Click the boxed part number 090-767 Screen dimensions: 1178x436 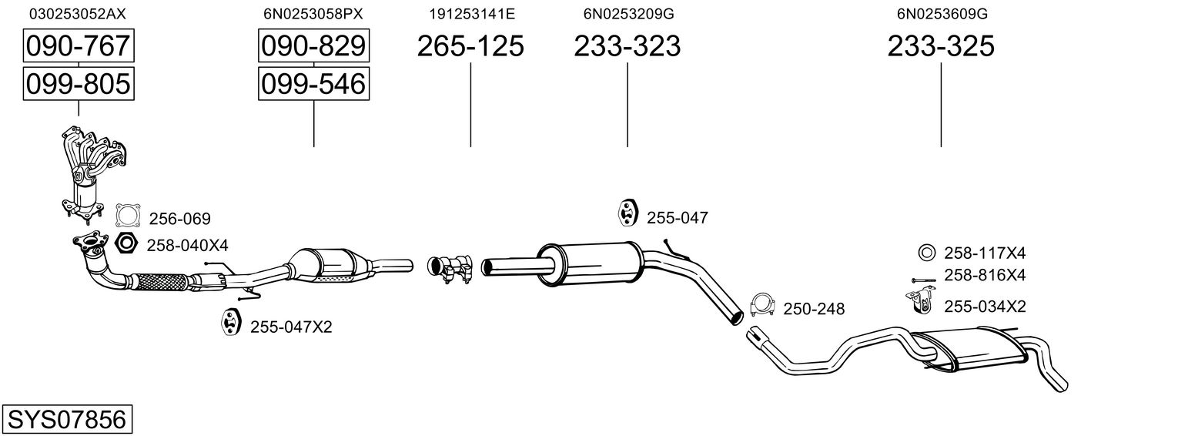click(78, 46)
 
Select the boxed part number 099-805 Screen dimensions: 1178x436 click(78, 83)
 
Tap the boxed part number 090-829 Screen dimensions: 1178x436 click(313, 46)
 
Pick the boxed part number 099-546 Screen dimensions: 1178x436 click(313, 83)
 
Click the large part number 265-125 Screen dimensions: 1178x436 click(470, 46)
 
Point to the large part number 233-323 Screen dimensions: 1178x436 click(627, 46)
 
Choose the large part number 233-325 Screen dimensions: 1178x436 click(941, 46)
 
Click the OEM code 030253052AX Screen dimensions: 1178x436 click(77, 14)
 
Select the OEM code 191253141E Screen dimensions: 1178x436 click(471, 14)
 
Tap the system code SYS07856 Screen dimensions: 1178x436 click(66, 420)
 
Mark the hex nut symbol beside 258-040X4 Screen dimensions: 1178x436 click(125, 244)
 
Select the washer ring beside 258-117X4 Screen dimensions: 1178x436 click(927, 253)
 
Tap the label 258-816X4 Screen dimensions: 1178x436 click(984, 276)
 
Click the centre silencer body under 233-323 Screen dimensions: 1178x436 click(590, 262)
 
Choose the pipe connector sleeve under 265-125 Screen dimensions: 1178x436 click(450, 267)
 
